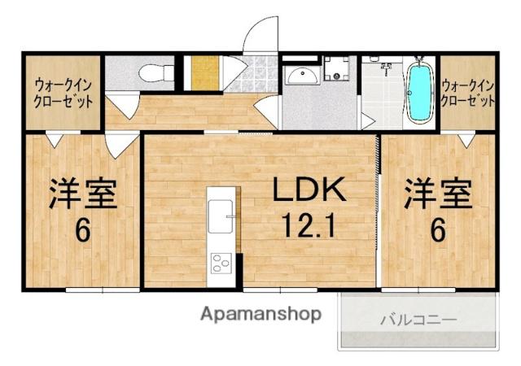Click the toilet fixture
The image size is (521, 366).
click(x=156, y=73)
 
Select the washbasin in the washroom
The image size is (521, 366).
click(x=302, y=76)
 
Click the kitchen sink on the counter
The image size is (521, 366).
click(x=221, y=216)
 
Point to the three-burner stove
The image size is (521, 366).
click(x=221, y=263)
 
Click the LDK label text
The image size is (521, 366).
click(x=309, y=190)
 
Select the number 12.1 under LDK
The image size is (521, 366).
click(x=308, y=225)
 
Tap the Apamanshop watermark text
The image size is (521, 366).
click(x=260, y=314)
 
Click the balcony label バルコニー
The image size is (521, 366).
click(x=418, y=320)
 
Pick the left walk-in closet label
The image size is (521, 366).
click(x=63, y=93)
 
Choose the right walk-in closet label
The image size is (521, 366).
click(x=468, y=93)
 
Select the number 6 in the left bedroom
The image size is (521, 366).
click(x=83, y=230)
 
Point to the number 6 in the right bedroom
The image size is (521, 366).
click(x=438, y=230)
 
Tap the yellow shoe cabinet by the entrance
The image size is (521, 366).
click(x=205, y=72)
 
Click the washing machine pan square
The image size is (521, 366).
click(x=336, y=68)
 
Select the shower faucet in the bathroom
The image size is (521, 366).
click(x=386, y=68)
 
